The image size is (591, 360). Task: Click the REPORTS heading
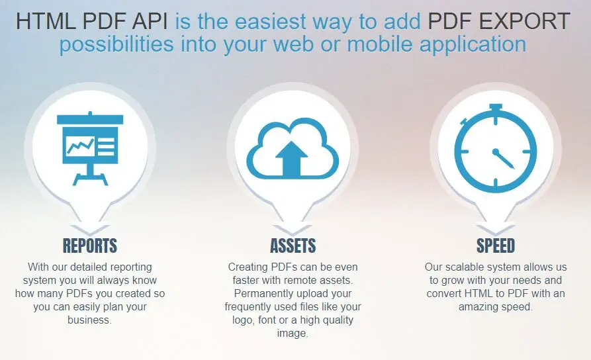click(90, 246)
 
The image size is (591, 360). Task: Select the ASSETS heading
click(293, 246)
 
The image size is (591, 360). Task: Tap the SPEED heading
click(496, 246)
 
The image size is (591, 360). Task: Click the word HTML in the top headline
click(46, 21)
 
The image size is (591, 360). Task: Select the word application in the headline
click(473, 45)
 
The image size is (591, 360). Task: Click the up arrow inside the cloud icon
click(292, 159)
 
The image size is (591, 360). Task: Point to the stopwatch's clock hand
click(504, 159)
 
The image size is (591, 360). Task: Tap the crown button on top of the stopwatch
click(495, 108)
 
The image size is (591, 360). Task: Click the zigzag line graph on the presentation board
click(80, 146)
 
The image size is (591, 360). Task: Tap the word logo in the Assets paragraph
click(243, 320)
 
